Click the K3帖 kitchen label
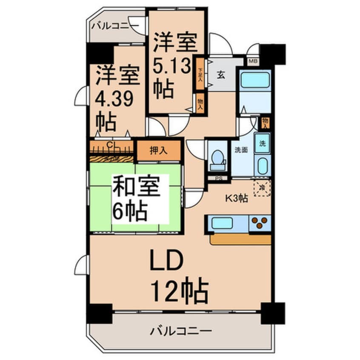tap(237, 197)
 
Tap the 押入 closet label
tap(159, 150)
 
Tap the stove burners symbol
tap(260, 222)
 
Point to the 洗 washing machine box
tap(262, 143)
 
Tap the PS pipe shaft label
tap(219, 178)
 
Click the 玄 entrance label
tap(222, 75)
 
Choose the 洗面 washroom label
tap(241, 150)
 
